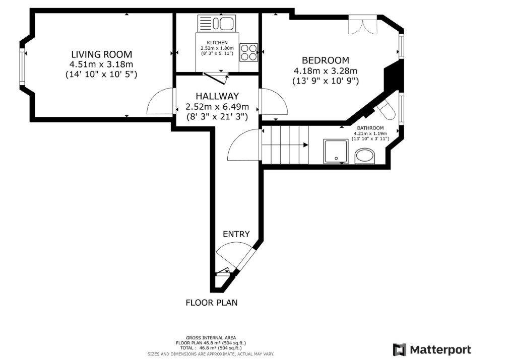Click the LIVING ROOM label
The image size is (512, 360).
coord(102,54)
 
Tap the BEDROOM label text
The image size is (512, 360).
coord(325,60)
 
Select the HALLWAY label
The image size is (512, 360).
coord(217,96)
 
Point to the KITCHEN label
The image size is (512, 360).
coord(217,42)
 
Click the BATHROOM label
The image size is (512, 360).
coord(370,128)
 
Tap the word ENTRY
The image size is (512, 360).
coord(236,234)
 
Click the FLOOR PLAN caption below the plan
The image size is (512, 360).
coord(212,303)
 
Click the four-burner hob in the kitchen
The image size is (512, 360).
coord(249,52)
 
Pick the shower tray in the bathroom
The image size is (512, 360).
coord(336,151)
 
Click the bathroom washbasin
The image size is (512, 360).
coord(365,157)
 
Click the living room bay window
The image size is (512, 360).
coord(22,67)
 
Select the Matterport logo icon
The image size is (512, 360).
coord(399,350)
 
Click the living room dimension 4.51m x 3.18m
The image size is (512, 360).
coord(101,64)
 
